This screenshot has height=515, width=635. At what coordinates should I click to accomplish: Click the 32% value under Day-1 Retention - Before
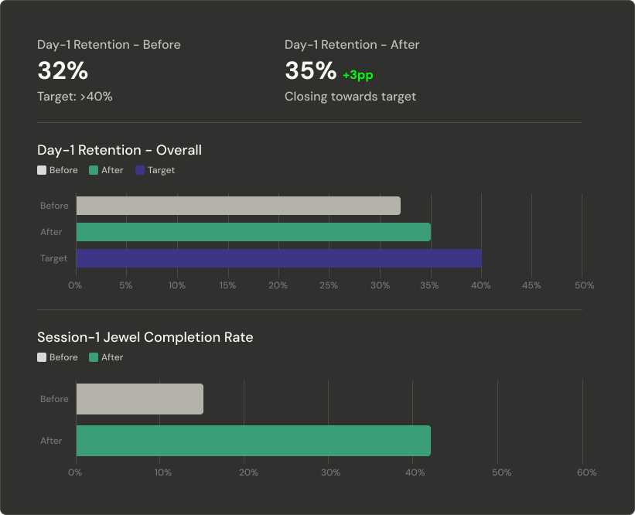[x=63, y=71]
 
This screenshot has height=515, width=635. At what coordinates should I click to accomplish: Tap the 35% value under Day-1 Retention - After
[x=310, y=71]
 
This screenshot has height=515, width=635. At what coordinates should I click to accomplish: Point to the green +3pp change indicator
[x=357, y=75]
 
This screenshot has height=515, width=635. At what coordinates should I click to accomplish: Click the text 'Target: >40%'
[x=75, y=97]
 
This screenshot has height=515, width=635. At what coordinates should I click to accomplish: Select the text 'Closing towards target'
[x=350, y=97]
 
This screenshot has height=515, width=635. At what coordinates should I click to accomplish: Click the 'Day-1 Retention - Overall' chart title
[x=119, y=150]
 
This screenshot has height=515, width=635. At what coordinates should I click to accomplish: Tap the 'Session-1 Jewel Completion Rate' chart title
[x=145, y=337]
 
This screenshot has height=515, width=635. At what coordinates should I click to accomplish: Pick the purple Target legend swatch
[x=140, y=170]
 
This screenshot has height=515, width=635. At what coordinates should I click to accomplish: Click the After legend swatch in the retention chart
[x=94, y=170]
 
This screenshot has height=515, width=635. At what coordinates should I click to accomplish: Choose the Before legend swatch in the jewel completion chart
[x=42, y=357]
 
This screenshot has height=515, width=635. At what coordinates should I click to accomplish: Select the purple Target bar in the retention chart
[x=278, y=258]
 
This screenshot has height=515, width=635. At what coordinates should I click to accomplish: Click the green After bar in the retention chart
[x=253, y=232]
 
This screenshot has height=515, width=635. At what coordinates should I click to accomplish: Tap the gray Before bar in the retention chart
[x=238, y=206]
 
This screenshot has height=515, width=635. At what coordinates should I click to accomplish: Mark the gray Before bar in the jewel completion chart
[x=139, y=399]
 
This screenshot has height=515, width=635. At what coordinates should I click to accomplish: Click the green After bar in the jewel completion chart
[x=253, y=441]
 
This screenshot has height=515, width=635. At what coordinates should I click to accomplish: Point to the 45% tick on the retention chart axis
[x=532, y=285]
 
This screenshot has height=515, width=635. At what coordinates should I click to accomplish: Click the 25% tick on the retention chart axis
[x=329, y=285]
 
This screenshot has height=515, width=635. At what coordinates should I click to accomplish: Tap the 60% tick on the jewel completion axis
[x=586, y=472]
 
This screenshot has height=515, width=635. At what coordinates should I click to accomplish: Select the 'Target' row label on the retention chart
[x=54, y=258]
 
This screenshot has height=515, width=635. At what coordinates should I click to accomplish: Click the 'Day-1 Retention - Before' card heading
[x=108, y=45]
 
